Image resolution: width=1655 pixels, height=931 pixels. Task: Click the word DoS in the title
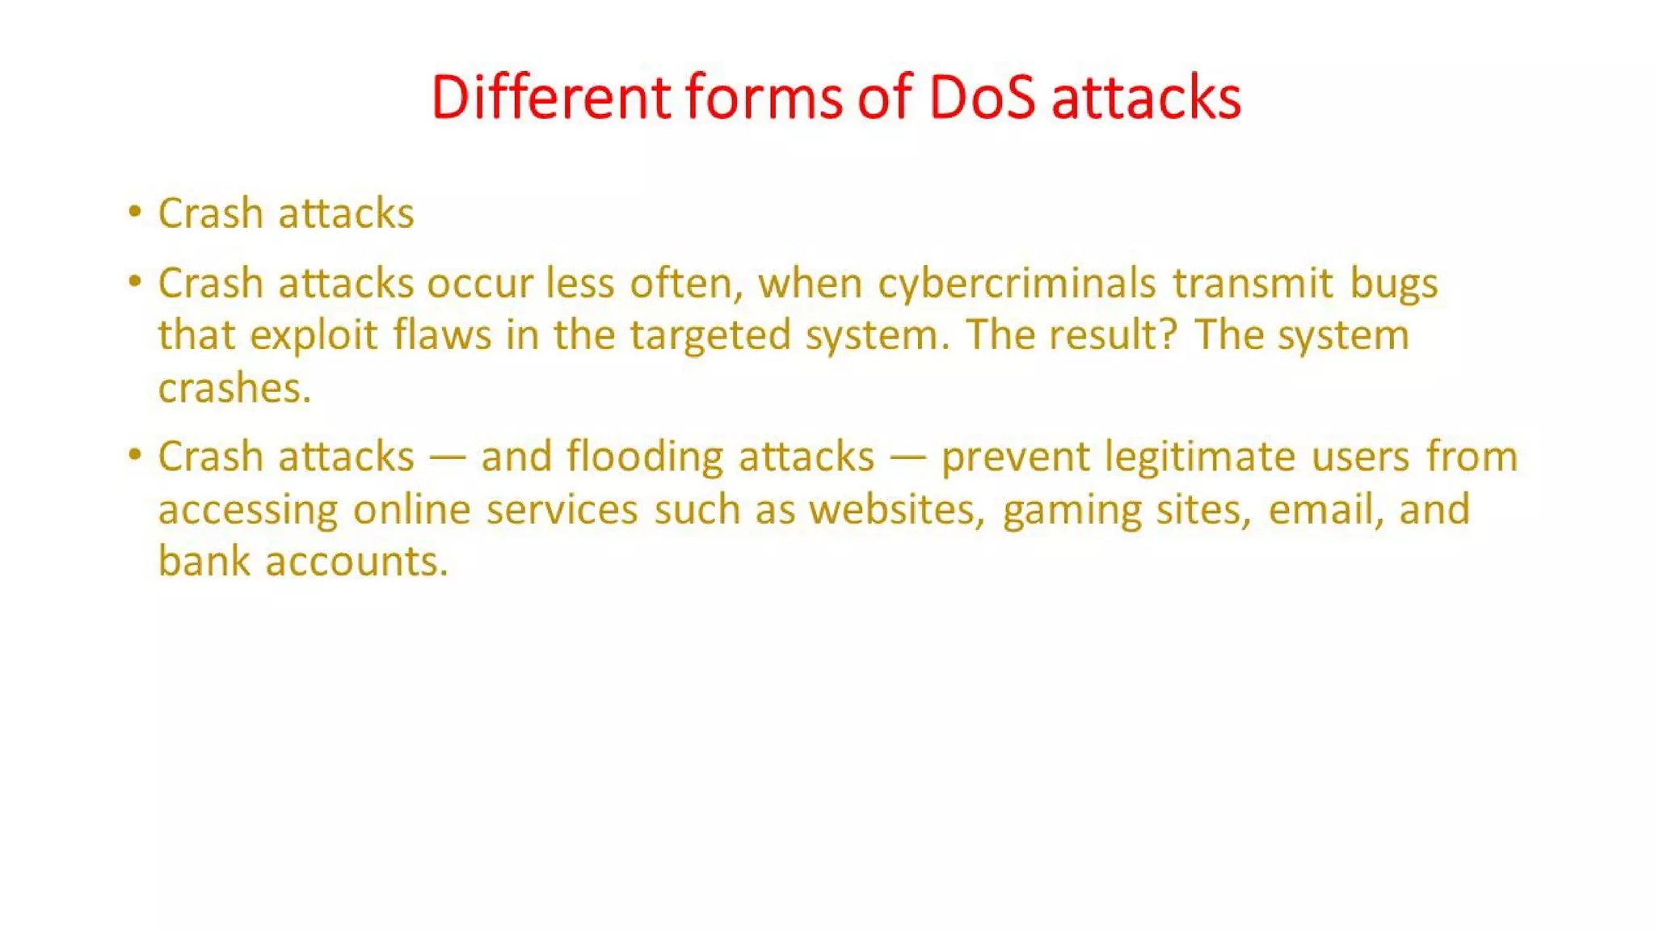[x=982, y=98]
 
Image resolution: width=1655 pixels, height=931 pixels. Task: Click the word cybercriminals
[x=1017, y=284]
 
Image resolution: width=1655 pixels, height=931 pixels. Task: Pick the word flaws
[x=442, y=335]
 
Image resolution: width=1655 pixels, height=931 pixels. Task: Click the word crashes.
[x=234, y=389]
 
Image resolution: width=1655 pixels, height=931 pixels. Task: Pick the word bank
[x=204, y=562]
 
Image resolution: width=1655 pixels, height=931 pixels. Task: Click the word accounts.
[x=356, y=562]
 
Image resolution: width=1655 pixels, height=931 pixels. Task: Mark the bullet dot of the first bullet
[x=135, y=213]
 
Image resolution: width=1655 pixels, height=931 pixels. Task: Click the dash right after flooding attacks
[x=908, y=458]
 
